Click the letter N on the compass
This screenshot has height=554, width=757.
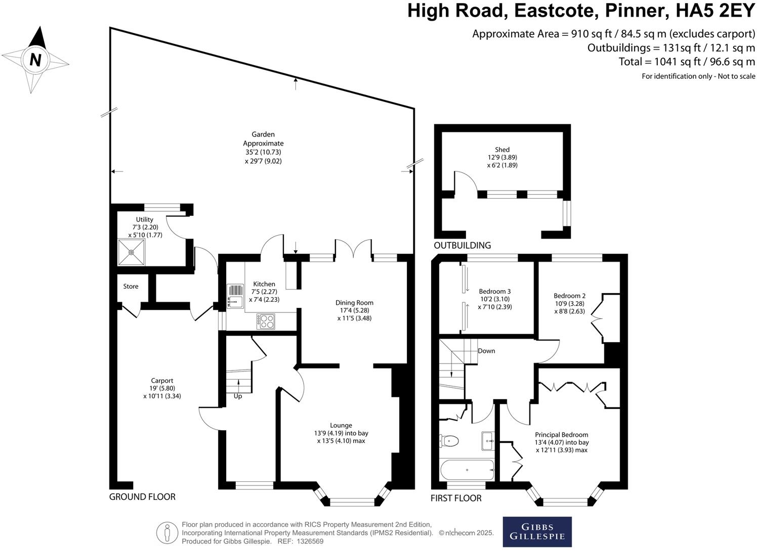(x=35, y=60)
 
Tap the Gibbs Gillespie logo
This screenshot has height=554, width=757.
(x=537, y=532)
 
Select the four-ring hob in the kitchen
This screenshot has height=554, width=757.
(x=266, y=321)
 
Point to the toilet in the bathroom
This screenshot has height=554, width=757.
(x=449, y=441)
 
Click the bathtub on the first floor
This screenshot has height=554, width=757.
(x=467, y=470)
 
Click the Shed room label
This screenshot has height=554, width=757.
(x=502, y=150)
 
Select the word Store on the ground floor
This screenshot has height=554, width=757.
(x=131, y=287)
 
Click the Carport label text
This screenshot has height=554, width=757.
(x=162, y=381)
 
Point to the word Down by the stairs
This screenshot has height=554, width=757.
(x=486, y=351)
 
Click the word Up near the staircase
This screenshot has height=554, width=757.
(x=238, y=396)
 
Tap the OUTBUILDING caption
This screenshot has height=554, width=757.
(x=462, y=246)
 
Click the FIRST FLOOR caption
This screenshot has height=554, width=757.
(x=456, y=498)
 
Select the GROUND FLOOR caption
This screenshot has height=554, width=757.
(x=142, y=497)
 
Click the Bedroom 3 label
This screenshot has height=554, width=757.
(x=494, y=292)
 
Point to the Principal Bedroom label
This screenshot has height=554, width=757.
(x=562, y=435)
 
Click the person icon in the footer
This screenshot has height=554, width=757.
(x=167, y=533)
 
